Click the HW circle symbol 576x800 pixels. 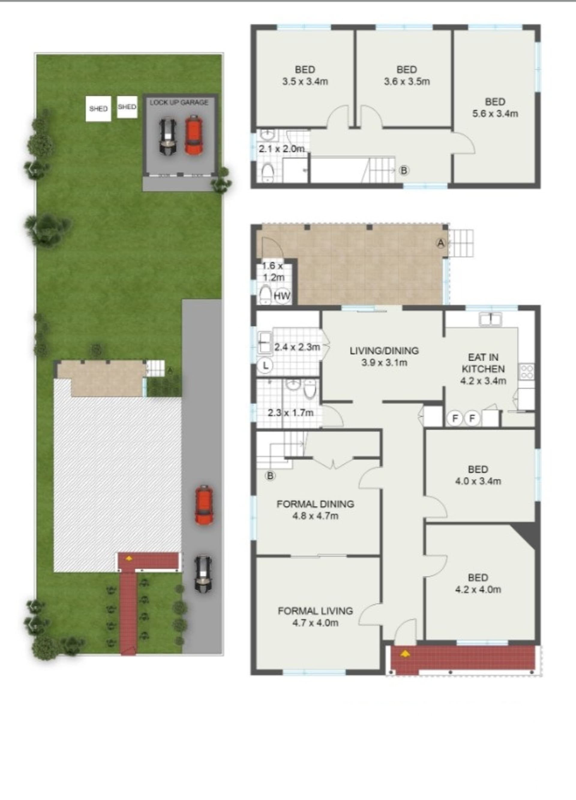coord(282,296)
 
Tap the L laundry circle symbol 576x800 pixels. coord(265,366)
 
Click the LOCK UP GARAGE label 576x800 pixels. coord(179,103)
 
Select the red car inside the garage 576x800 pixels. coord(193,135)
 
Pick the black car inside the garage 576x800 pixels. coord(167,137)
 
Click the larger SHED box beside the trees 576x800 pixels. coord(98,109)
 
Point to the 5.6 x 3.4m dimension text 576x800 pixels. coord(495,113)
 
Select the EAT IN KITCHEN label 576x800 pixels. coord(483,363)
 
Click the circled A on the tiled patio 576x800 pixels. coord(441,243)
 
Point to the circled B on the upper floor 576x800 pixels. coord(404,171)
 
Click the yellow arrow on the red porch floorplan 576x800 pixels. coord(405,654)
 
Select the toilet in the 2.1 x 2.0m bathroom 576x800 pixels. coord(268,173)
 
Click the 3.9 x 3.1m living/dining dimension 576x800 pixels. coord(384,363)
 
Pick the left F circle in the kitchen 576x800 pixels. coord(455,419)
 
